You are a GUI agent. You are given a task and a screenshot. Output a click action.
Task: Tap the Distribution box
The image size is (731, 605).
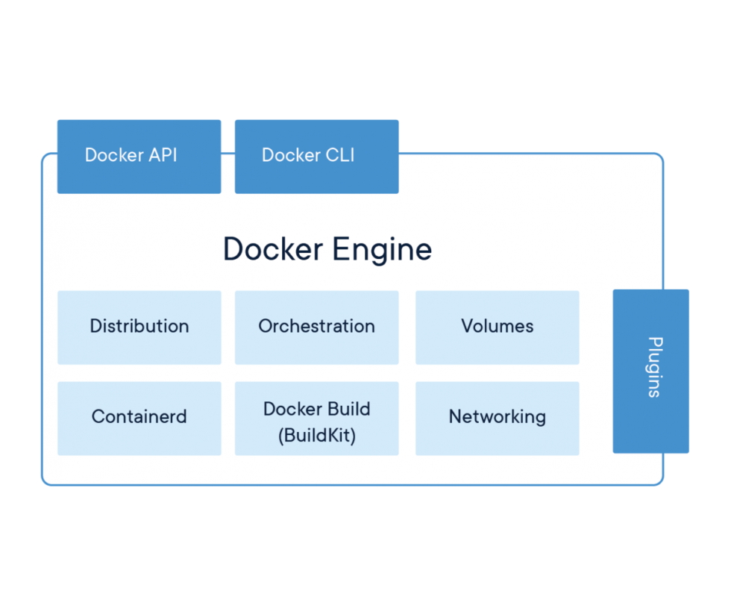click(x=139, y=327)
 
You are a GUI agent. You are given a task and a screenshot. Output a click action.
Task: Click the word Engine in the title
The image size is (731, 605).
click(x=382, y=249)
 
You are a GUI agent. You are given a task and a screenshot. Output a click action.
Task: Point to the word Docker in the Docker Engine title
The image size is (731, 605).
click(x=273, y=249)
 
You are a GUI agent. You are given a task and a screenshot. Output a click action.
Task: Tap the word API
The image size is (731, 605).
click(x=163, y=155)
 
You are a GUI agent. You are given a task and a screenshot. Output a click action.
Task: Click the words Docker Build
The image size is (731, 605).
click(x=316, y=409)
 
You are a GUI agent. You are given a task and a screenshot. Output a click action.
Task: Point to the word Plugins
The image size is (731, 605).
click(x=654, y=367)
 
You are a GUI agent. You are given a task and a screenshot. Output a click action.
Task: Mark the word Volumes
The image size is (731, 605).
click(x=497, y=326)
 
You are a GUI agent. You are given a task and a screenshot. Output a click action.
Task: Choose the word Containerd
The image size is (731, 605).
click(x=139, y=416)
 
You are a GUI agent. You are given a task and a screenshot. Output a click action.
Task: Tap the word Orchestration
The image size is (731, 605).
click(x=316, y=326)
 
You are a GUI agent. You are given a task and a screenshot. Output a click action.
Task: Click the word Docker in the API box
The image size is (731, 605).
click(x=114, y=155)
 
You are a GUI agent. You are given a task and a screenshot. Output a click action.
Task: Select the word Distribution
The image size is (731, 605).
click(x=139, y=326)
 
